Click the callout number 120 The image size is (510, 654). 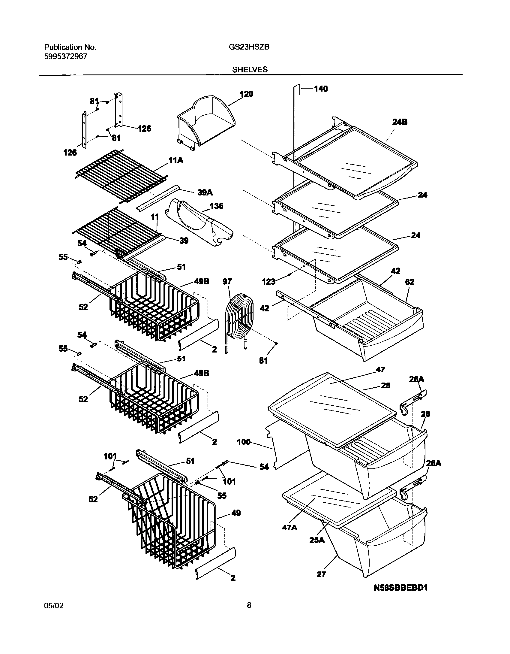click(x=246, y=94)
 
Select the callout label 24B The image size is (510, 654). click(x=399, y=122)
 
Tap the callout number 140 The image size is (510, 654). click(x=321, y=89)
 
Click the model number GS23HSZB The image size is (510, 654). click(x=249, y=47)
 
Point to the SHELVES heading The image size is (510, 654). click(x=250, y=70)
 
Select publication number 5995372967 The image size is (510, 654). click(x=66, y=56)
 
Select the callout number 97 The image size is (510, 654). click(x=227, y=281)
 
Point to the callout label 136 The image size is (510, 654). click(x=216, y=206)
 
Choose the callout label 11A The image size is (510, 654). click(x=176, y=161)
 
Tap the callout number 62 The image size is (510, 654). click(x=409, y=282)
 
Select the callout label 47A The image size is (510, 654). click(x=289, y=527)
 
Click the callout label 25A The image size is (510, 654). click(x=317, y=540)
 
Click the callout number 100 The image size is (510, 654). click(x=244, y=442)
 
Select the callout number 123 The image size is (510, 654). click(x=268, y=281)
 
